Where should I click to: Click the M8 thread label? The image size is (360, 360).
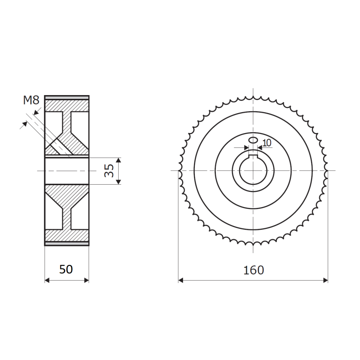(x=31, y=100)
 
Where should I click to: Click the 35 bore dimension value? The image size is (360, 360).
(x=109, y=171)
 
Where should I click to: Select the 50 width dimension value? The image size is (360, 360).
(x=66, y=270)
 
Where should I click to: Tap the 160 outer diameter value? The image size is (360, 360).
(x=254, y=270)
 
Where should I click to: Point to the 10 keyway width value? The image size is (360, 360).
(x=267, y=143)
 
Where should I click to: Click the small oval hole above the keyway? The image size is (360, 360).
(x=253, y=140)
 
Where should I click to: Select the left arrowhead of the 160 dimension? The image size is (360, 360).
(x=181, y=280)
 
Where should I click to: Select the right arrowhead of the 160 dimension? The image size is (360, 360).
(x=325, y=280)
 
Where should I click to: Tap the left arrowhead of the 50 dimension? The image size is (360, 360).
(x=47, y=280)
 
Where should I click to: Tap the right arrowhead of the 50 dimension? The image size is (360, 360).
(x=86, y=280)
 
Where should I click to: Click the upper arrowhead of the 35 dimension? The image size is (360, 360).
(x=118, y=160)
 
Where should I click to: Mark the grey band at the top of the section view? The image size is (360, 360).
(x=67, y=98)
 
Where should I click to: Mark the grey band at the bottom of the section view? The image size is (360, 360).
(x=67, y=244)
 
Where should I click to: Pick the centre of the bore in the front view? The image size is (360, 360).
(x=253, y=171)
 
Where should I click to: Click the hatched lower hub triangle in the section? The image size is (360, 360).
(x=67, y=195)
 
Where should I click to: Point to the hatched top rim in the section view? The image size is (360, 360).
(x=67, y=105)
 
